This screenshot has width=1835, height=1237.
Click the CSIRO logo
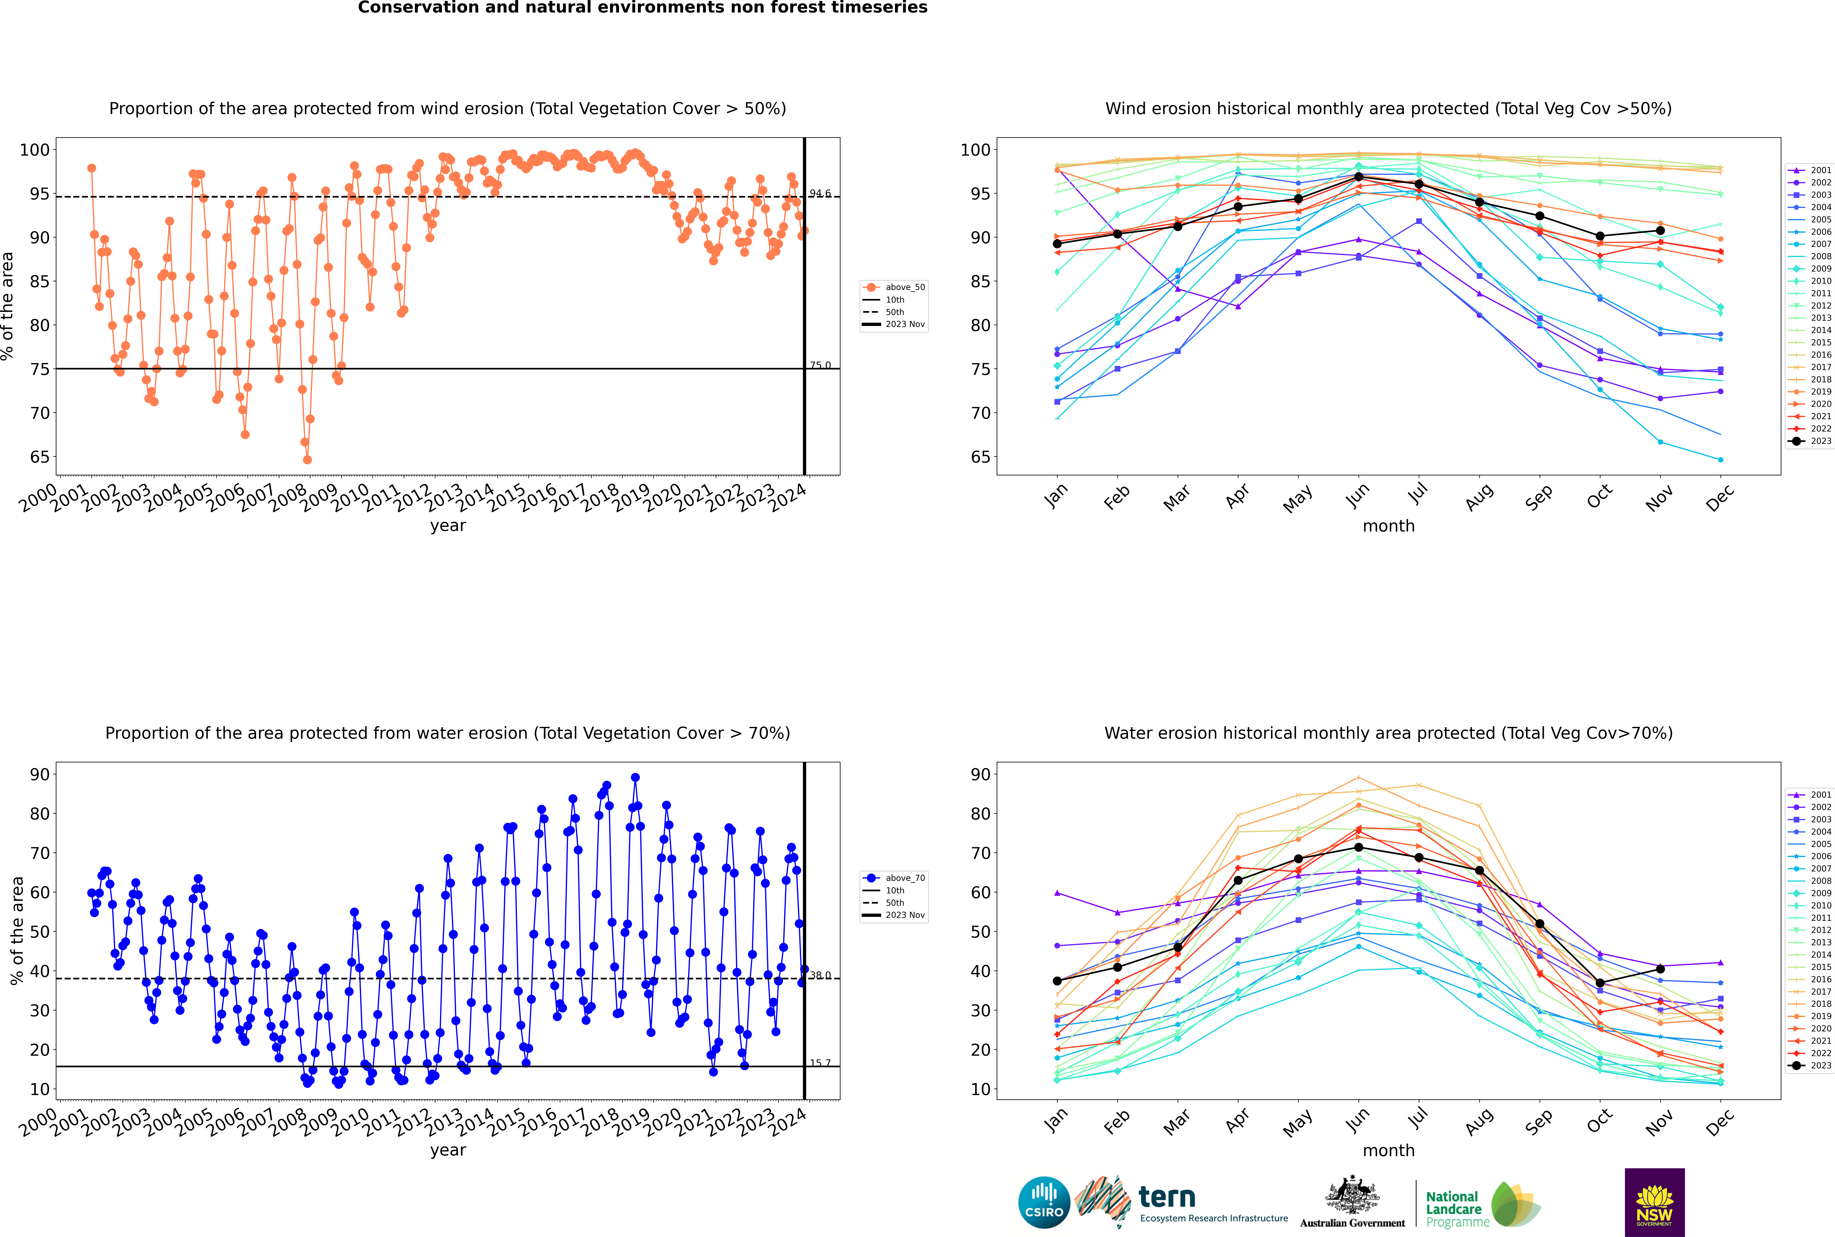(x=1044, y=1202)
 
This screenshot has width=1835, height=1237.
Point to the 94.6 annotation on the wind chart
(x=820, y=193)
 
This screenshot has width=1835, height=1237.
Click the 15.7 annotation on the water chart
(x=820, y=1063)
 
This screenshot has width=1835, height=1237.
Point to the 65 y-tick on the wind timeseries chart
(x=39, y=457)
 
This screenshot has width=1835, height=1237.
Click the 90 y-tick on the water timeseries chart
(x=39, y=774)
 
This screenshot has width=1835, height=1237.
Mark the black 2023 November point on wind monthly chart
(x=1660, y=230)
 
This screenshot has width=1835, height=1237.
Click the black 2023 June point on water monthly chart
(x=1358, y=847)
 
